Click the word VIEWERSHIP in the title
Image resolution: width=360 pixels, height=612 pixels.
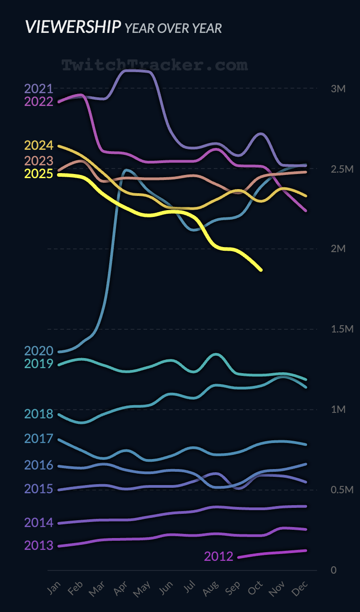coord(73,27)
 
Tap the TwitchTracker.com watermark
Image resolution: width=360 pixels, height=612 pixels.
coord(154,65)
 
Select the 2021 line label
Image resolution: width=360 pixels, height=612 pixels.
coord(39,89)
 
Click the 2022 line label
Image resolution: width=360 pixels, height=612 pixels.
coord(39,101)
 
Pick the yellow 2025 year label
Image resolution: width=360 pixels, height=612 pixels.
coord(39,174)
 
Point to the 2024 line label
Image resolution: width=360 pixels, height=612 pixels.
coord(39,146)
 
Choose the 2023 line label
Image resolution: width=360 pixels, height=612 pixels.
coord(39,161)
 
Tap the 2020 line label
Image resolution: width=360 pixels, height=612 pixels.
coord(39,351)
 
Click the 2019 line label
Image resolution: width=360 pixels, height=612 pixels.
coord(39,364)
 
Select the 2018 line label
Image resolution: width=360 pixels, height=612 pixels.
coord(39,414)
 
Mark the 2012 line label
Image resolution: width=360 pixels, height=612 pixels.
coord(218,556)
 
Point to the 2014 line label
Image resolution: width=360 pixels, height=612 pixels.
coord(39,522)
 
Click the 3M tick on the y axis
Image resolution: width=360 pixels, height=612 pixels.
coord(338,89)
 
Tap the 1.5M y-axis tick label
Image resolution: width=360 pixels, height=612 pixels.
coord(342,329)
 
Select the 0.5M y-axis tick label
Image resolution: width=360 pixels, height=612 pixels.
coord(342,490)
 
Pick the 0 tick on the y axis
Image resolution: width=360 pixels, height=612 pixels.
coord(334,570)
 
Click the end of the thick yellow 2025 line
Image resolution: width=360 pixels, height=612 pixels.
coord(261,270)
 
